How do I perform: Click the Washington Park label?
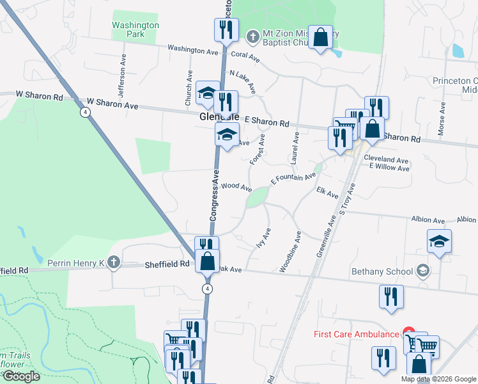(135, 29)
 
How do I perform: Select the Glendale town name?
(219, 117)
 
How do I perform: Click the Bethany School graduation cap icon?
(422, 271)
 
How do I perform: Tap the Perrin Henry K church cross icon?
(113, 262)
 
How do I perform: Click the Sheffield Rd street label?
(167, 264)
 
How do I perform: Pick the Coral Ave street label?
(246, 56)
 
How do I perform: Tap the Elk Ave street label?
(327, 193)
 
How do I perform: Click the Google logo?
(22, 376)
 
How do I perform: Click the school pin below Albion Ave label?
(440, 241)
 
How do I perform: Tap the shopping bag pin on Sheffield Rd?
(207, 260)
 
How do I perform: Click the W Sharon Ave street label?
(112, 102)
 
